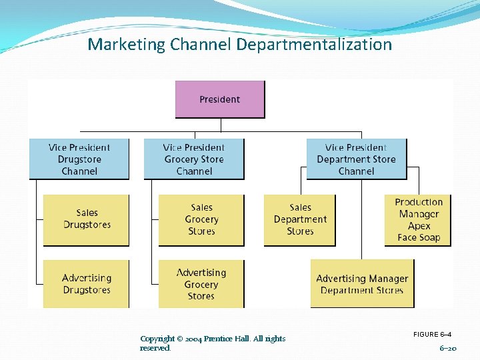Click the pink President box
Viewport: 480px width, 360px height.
[x=219, y=99]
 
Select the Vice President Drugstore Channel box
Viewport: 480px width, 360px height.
[x=79, y=159]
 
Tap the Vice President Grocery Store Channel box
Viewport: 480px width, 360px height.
[x=194, y=159]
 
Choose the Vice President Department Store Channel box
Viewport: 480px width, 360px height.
[x=356, y=159]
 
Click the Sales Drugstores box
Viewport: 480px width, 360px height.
[x=87, y=219]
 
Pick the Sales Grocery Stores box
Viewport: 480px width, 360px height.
[x=201, y=219]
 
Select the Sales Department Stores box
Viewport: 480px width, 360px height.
[x=300, y=219]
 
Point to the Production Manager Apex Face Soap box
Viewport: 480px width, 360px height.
[x=418, y=220]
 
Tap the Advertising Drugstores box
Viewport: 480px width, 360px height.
[x=87, y=284]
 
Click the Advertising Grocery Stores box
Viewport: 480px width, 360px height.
[x=201, y=284]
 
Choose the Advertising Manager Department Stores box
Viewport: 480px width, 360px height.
[x=362, y=284]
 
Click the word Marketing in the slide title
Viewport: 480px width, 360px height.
[x=126, y=45]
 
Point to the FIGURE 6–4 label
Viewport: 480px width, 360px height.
[x=432, y=334]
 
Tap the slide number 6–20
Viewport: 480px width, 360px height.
[x=448, y=348]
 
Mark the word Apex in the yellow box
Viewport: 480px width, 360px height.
[x=419, y=226]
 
